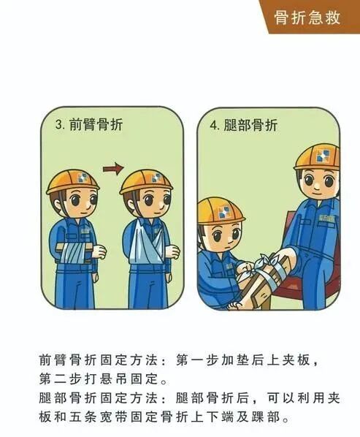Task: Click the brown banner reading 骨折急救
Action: (x=307, y=18)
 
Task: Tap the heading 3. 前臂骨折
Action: (x=89, y=124)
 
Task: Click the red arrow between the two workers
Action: (x=112, y=170)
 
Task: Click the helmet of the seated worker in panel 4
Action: (x=317, y=156)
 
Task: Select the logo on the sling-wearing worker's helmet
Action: (x=155, y=177)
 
